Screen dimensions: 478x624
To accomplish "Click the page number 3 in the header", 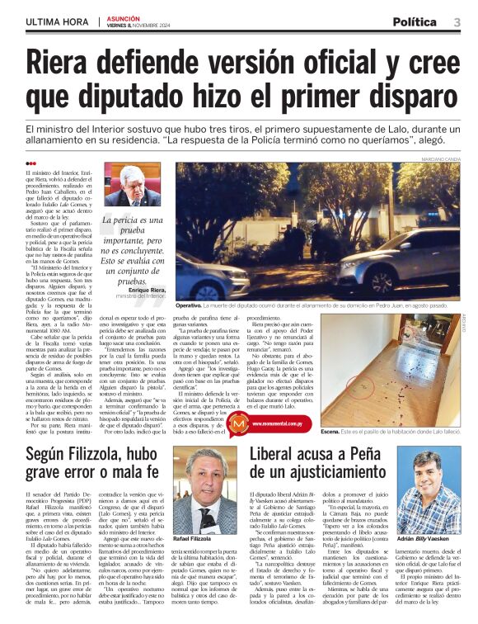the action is (457, 21).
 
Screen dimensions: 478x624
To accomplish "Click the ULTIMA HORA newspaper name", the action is (57, 21).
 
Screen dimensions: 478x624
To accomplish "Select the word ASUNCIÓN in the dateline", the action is (123, 17).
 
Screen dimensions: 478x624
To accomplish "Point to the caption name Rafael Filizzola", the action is (193, 537).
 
